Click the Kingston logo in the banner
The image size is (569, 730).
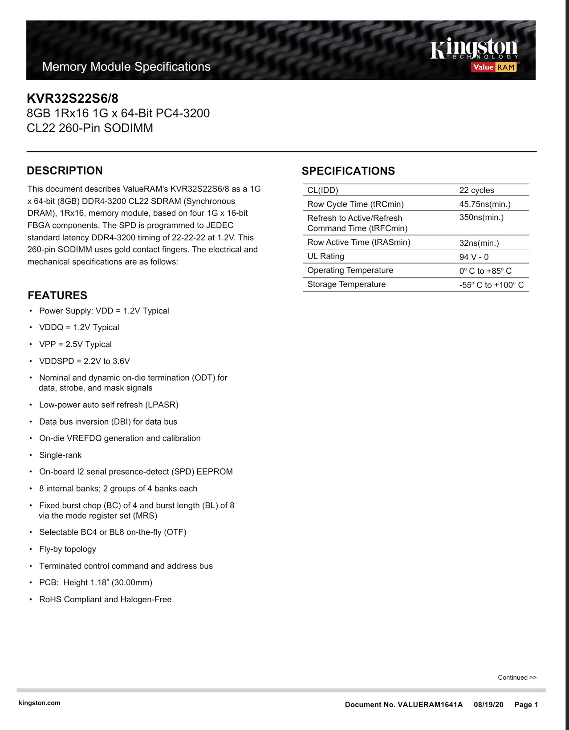point(474,49)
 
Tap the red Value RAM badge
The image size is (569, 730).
point(494,67)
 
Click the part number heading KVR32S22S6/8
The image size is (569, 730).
point(73,98)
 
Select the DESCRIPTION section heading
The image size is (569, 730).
point(65,170)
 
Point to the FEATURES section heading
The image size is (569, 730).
point(57,295)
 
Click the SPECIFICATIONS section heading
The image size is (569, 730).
point(348,171)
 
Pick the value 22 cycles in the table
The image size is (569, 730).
point(476,190)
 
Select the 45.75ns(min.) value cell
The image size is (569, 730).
point(484,204)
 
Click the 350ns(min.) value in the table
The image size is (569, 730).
point(481,217)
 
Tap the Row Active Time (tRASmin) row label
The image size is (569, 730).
point(358,242)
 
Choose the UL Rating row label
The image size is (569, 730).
point(325,256)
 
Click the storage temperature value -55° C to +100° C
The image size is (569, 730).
point(491,285)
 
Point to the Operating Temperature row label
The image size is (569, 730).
point(350,270)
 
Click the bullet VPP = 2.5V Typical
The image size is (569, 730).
point(75,344)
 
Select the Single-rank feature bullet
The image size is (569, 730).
point(60,455)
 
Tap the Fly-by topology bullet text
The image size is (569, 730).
point(67,549)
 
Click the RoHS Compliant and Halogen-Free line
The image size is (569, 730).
point(105,600)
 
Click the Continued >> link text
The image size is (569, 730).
point(517,677)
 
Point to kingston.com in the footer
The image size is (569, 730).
point(39,703)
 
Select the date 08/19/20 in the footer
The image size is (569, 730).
point(488,705)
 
